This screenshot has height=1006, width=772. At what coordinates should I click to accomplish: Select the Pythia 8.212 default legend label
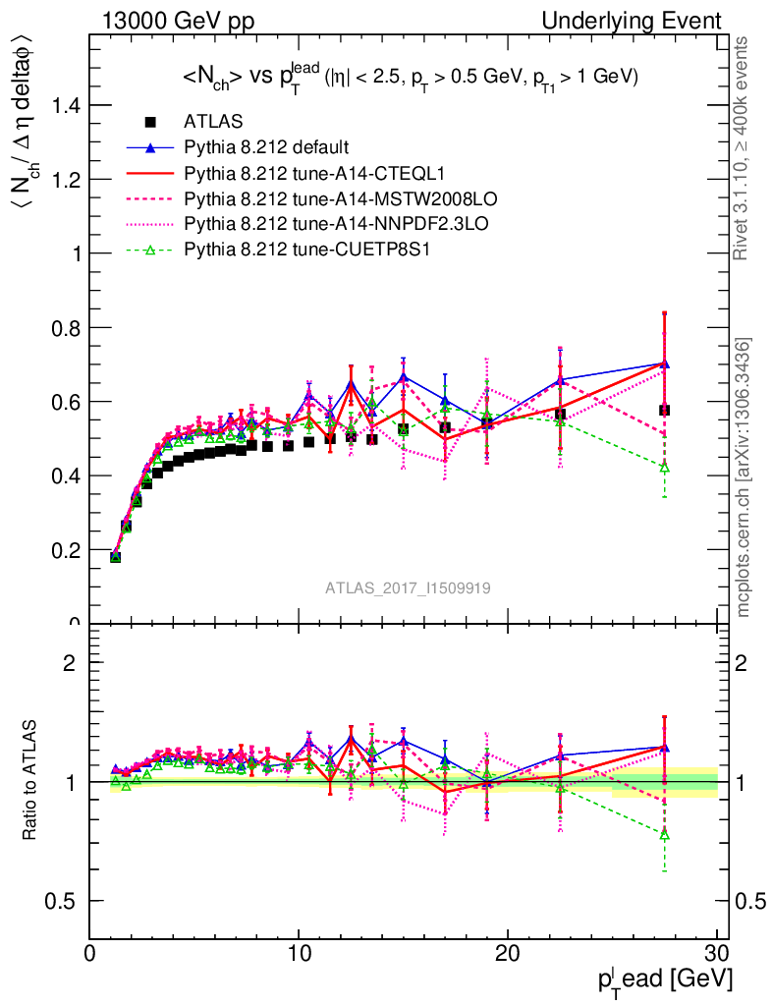266,148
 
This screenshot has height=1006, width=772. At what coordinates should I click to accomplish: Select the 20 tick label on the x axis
508,953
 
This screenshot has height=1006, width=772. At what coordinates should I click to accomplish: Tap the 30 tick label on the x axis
716,953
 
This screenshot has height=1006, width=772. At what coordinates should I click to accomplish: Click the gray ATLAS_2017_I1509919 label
409,587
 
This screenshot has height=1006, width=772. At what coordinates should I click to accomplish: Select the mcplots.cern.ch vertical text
744,477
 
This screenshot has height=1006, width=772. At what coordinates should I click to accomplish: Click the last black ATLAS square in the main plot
665,410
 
